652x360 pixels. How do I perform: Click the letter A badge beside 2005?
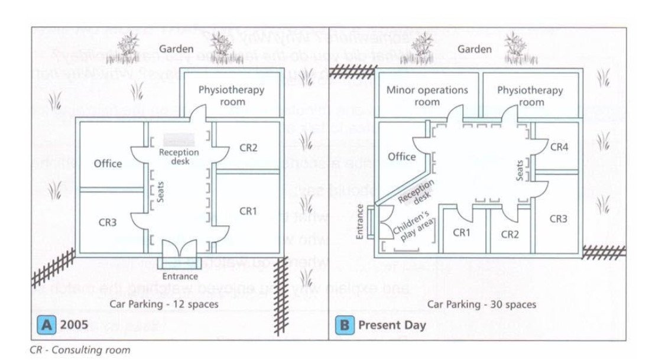(x=47, y=325)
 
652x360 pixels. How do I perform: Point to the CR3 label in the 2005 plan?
(x=108, y=222)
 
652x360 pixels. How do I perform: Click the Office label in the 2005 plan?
(x=108, y=163)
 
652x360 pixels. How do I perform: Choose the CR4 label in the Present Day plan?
(x=559, y=147)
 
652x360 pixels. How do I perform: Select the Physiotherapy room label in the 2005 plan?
(x=231, y=96)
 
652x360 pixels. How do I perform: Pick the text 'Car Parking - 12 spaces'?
(x=164, y=304)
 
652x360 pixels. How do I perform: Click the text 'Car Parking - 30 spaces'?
(x=482, y=304)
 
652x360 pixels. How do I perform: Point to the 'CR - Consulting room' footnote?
(x=80, y=349)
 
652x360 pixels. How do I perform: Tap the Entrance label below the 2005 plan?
(x=181, y=276)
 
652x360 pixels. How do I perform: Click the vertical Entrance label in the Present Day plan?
(x=360, y=222)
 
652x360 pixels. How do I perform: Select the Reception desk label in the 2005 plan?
(x=179, y=156)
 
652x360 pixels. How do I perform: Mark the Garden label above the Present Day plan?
(x=475, y=49)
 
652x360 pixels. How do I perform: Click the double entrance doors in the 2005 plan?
(x=180, y=250)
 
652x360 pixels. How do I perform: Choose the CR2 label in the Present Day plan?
(x=510, y=234)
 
